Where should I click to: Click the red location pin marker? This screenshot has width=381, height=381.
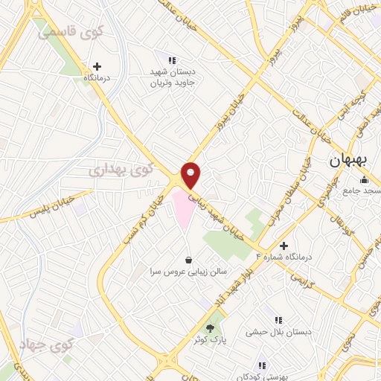[x=191, y=174]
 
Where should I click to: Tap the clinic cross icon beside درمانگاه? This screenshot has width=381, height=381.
[x=97, y=66]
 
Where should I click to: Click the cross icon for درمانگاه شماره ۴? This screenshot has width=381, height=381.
[x=283, y=245]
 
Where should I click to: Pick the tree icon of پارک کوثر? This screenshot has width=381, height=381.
[x=211, y=327]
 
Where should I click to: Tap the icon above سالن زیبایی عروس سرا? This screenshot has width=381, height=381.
[x=189, y=260]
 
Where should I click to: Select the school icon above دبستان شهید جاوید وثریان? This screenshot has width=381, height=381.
[x=172, y=60]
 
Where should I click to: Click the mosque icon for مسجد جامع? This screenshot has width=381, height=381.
[x=364, y=180]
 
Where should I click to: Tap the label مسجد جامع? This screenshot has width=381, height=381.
[x=357, y=191]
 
